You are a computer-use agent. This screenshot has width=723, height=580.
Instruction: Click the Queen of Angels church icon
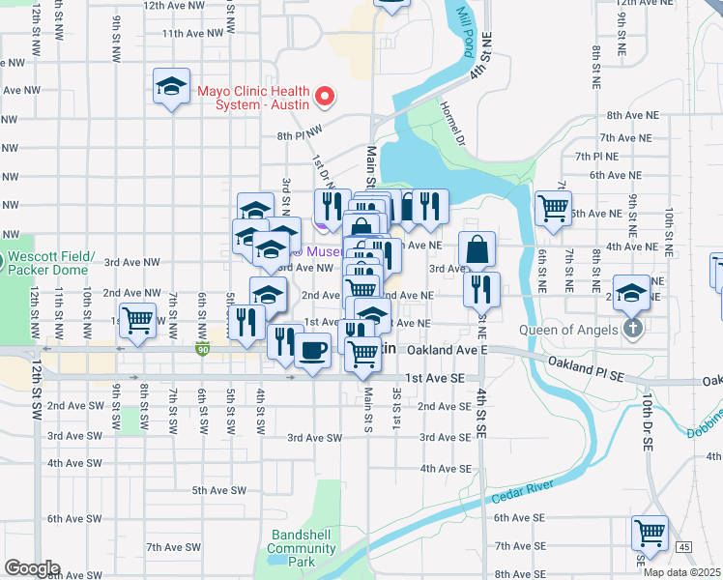click(x=632, y=328)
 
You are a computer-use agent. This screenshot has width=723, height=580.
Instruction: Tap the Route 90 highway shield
click(x=201, y=348)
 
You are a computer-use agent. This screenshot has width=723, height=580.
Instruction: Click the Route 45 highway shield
click(x=684, y=547)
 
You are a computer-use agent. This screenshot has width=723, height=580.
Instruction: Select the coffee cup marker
click(x=311, y=349)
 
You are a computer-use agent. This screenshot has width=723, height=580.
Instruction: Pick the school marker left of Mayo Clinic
click(x=171, y=87)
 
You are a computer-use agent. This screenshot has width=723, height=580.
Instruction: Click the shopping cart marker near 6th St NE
click(x=553, y=206)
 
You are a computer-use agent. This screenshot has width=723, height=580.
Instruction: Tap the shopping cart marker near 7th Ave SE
click(x=650, y=533)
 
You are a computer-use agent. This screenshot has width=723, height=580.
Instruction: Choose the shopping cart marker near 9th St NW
click(x=138, y=318)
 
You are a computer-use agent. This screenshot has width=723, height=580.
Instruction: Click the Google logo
click(x=31, y=568)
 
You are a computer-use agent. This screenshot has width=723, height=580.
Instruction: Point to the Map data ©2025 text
click(x=682, y=572)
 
